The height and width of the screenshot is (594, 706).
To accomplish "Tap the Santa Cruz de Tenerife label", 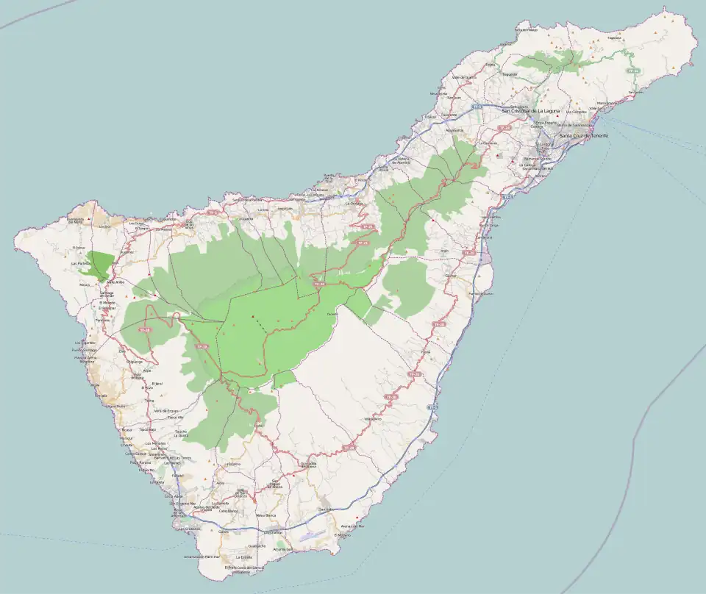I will coord(584,136).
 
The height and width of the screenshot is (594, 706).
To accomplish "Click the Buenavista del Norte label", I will coord(76,220).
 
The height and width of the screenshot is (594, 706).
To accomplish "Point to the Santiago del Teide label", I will coord(107,295).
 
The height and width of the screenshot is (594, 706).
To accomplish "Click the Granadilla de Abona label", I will coord(308,465).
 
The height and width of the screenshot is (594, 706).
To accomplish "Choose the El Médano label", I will coord(342,535).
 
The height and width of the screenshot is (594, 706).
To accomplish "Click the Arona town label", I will coord(220,483).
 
